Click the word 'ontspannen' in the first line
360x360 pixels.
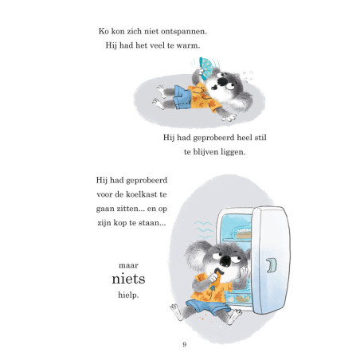tap(183, 32)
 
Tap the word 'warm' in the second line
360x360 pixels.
tap(187, 45)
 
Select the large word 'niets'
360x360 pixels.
tap(128, 279)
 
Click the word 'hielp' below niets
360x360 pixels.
tap(127, 295)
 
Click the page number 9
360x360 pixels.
tap(185, 344)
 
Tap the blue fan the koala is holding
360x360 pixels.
tap(205, 68)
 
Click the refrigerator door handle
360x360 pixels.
tap(272, 265)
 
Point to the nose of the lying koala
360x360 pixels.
tap(221, 82)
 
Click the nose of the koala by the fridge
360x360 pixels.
tap(225, 260)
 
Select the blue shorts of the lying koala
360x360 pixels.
tap(182, 97)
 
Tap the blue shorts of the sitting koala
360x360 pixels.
tap(208, 307)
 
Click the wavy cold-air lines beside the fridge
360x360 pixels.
tap(203, 229)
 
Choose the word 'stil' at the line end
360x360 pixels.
tap(260, 138)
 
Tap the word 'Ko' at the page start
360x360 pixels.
tap(104, 31)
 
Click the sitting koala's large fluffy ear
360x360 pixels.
tap(195, 255)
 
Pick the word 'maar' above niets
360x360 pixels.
tap(128, 265)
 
